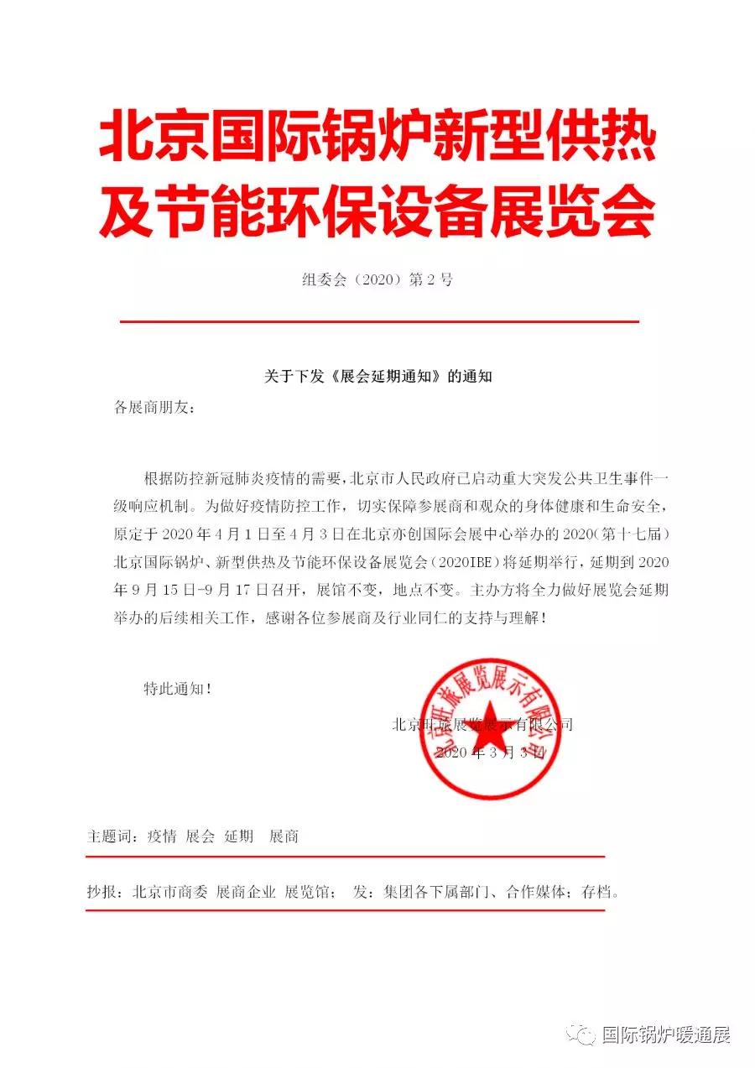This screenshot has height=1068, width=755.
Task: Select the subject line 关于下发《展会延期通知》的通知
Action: point(377,377)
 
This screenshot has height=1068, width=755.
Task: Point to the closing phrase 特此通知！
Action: point(177,689)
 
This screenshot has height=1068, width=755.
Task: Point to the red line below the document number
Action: point(379,321)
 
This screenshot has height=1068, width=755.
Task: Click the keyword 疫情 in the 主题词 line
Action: point(162,836)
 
